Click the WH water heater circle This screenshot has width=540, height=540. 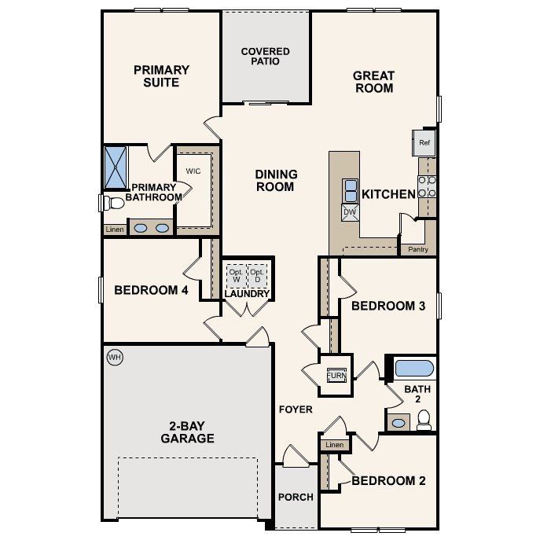click(x=115, y=358)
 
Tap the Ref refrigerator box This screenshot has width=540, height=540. click(x=424, y=143)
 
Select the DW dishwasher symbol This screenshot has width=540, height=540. click(x=349, y=211)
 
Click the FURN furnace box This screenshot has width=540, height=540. click(x=336, y=375)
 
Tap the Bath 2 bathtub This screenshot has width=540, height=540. click(x=413, y=368)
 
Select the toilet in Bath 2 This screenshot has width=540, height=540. click(x=424, y=421)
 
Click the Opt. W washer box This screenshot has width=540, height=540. click(x=236, y=275)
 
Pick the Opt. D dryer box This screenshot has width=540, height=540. click(x=257, y=275)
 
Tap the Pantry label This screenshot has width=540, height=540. click(x=417, y=250)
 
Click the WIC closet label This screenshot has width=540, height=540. click(x=193, y=171)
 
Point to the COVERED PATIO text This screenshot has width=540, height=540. click(x=265, y=57)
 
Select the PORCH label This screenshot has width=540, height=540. click(x=296, y=497)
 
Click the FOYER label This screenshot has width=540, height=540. click(x=296, y=410)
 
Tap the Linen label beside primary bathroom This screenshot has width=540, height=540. click(x=114, y=230)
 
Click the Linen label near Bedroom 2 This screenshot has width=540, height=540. click(x=334, y=445)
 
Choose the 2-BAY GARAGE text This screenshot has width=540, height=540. click(x=187, y=432)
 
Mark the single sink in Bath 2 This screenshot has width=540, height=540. click(x=399, y=423)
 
